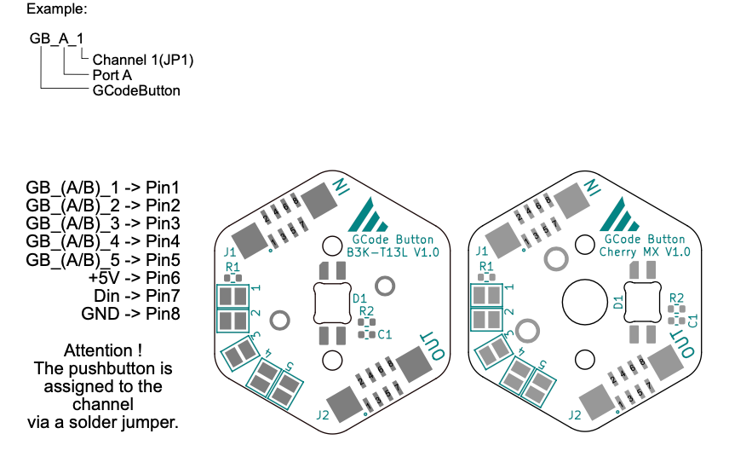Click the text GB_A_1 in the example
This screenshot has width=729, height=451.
[56, 39]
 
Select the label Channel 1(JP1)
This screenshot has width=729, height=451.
[143, 61]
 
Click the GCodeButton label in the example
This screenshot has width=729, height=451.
[136, 90]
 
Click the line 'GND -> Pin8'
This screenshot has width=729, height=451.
[130, 314]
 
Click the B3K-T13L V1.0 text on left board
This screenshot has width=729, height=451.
[393, 253]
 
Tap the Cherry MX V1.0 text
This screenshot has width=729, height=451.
[645, 253]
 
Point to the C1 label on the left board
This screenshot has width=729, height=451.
[385, 335]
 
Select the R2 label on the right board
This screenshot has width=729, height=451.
[677, 298]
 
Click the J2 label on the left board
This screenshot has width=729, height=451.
[323, 415]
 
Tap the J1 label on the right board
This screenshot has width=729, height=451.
[482, 252]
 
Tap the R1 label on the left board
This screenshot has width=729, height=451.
[232, 268]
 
